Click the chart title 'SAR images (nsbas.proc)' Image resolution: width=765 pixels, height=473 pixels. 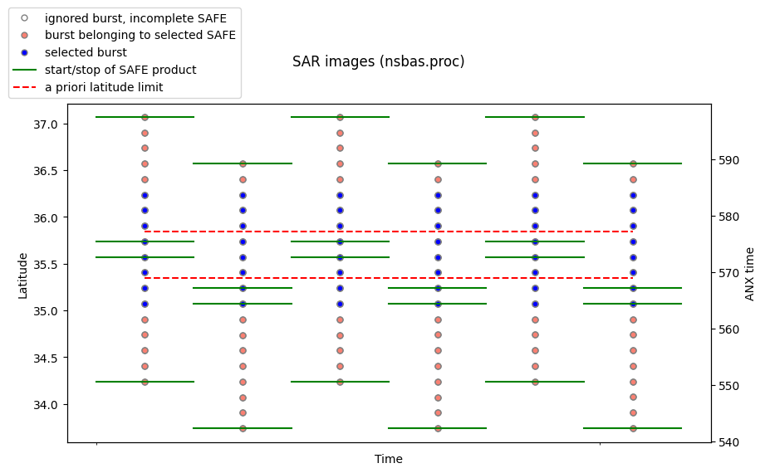(x=378, y=62)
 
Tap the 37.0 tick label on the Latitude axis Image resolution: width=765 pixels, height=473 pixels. (x=46, y=124)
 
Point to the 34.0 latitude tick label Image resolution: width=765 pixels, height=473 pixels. (x=46, y=405)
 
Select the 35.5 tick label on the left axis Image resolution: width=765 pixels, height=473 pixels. (x=46, y=265)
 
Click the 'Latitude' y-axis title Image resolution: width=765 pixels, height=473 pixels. (x=22, y=276)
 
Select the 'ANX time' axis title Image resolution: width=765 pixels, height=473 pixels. (x=749, y=274)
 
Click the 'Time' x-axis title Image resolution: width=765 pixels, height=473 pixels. (x=389, y=459)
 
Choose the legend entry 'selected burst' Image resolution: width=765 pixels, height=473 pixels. (x=86, y=52)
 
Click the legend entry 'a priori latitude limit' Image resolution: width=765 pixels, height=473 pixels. (x=104, y=87)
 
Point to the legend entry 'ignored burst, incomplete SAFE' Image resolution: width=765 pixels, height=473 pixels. (x=135, y=18)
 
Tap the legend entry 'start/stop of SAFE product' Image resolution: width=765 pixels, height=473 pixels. (x=120, y=70)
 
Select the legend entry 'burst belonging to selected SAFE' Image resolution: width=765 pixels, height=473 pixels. (x=140, y=35)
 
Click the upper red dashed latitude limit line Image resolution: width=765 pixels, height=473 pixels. (x=389, y=232)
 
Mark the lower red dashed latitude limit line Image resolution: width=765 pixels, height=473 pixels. (x=389, y=278)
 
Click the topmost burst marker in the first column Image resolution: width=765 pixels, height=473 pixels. (x=145, y=117)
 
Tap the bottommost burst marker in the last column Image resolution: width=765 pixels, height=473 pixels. (x=633, y=428)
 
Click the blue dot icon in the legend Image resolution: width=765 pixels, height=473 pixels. (x=24, y=52)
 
